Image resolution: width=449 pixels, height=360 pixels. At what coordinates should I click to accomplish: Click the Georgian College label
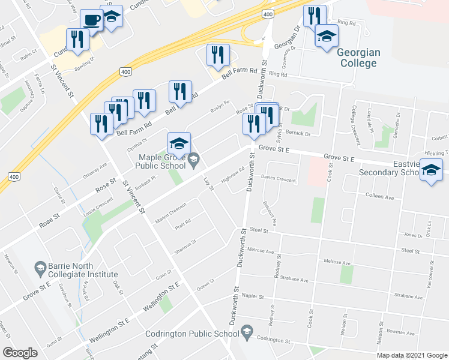point(360,57)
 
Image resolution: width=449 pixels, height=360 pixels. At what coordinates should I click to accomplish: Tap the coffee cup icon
point(92,20)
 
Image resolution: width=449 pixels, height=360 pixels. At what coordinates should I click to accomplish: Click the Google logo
point(20,353)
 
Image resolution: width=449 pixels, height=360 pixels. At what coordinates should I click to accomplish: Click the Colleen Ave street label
point(379,197)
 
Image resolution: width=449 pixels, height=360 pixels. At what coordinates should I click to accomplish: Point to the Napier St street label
point(252,296)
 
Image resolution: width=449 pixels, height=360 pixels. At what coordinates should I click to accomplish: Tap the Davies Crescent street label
point(278,179)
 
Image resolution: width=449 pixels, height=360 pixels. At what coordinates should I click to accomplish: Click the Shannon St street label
point(185,247)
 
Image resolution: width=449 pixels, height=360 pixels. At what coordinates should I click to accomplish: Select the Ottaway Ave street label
point(94,169)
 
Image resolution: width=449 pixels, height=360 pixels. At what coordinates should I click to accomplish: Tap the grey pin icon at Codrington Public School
point(247,332)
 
